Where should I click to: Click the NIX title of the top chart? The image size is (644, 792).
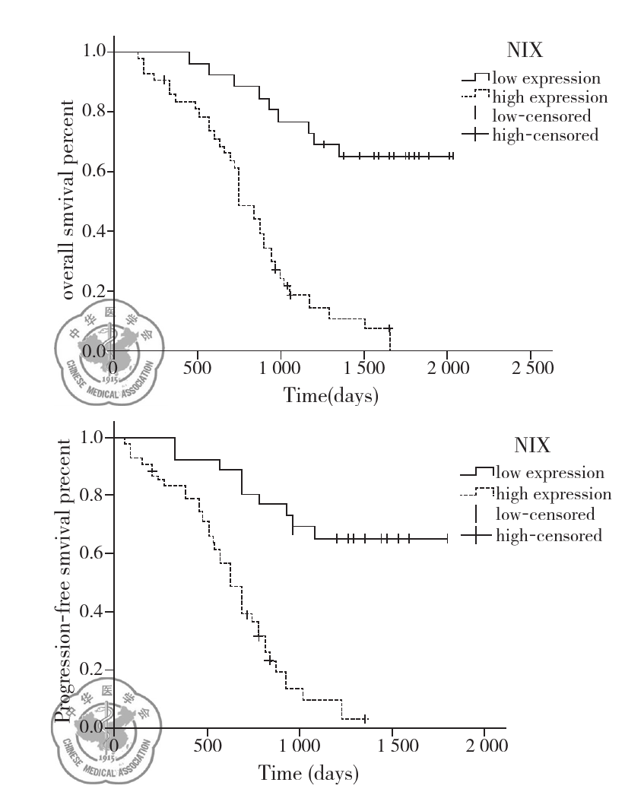(x=525, y=51)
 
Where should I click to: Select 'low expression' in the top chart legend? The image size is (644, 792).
(x=546, y=78)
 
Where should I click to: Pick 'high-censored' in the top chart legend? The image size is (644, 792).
(x=545, y=135)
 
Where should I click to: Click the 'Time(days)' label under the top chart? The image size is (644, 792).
(x=331, y=396)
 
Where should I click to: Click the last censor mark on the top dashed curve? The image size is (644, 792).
(x=389, y=329)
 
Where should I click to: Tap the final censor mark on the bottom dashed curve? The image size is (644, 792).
(x=365, y=718)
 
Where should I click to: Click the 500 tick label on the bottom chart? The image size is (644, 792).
(x=207, y=746)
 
